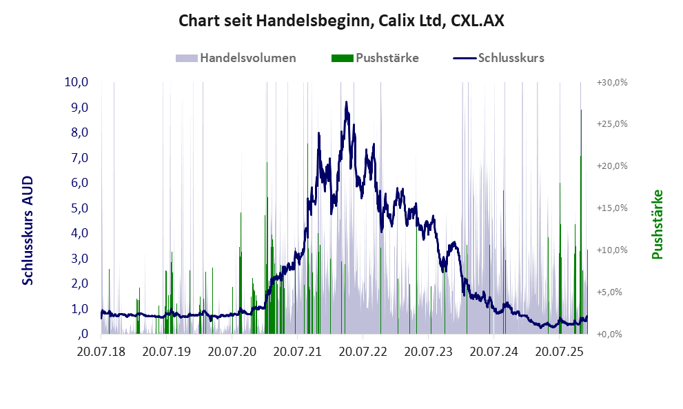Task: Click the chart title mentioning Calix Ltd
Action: point(341,21)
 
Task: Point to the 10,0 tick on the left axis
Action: point(77,82)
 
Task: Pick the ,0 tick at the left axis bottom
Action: point(83,335)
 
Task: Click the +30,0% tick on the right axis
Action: point(611,82)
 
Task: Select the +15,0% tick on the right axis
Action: point(611,208)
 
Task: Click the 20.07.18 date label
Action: point(101,352)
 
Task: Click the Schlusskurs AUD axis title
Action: point(28,230)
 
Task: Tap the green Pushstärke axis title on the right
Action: point(656,225)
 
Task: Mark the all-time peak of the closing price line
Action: point(346,102)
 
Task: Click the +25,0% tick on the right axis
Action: point(611,124)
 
